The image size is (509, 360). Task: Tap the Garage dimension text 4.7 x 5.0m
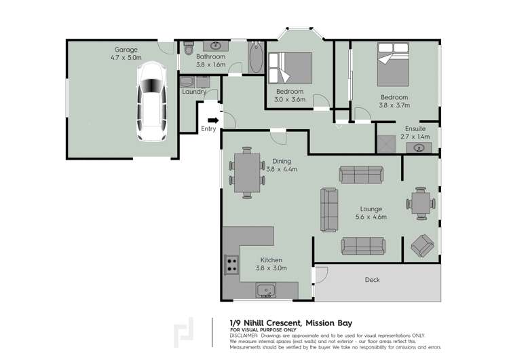point(126,58)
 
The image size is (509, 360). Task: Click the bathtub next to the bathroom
point(254,58)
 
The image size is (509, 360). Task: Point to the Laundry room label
point(194,92)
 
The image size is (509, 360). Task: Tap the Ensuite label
point(415,128)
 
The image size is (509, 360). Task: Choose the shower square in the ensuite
point(386,144)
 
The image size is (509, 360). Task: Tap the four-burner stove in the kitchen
point(231,264)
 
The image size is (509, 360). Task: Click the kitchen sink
point(267,291)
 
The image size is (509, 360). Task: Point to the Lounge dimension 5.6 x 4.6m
point(371,217)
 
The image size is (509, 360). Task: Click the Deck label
point(372,280)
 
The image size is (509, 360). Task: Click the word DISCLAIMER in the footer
point(244,336)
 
